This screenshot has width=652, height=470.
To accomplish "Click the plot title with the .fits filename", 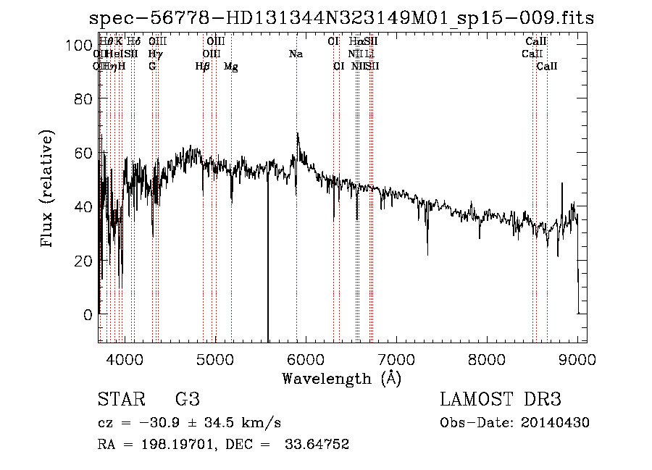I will [341, 19].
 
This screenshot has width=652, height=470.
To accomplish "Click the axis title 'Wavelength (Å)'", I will [341, 378].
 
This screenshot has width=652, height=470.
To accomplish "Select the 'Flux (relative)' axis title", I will [48, 189].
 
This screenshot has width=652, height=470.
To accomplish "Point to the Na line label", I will [296, 54].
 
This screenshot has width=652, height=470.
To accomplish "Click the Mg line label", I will [231, 67].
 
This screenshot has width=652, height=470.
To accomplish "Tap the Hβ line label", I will [203, 67].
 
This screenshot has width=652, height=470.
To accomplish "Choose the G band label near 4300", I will [152, 67].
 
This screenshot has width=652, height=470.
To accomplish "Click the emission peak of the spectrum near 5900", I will [297, 134].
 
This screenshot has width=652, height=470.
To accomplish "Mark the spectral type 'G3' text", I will [187, 399].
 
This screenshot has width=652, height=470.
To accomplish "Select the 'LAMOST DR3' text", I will [500, 399].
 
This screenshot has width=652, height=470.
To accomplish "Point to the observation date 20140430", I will [559, 423].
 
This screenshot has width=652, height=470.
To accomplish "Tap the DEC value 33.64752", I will [319, 445].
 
